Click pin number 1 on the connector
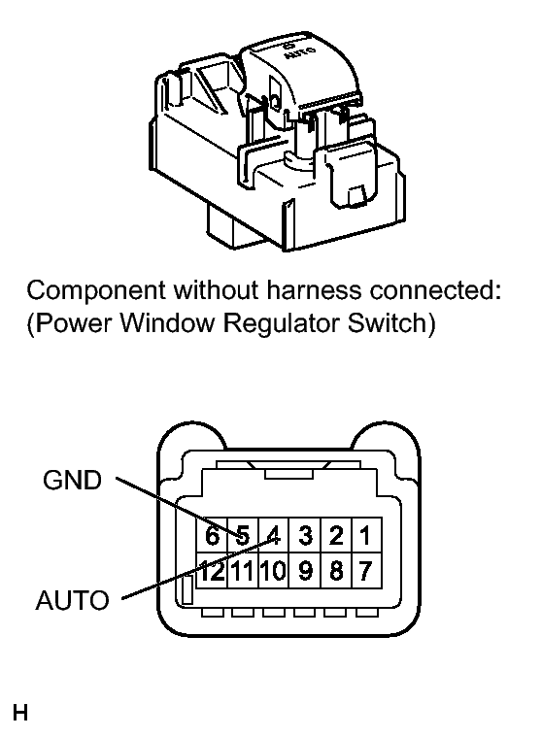pyautogui.click(x=365, y=535)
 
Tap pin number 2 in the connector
pyautogui.click(x=336, y=535)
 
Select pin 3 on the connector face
pyautogui.click(x=305, y=535)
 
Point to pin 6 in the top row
pyautogui.click(x=212, y=535)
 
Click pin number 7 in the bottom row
pyautogui.click(x=365, y=571)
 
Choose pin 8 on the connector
pyautogui.click(x=336, y=571)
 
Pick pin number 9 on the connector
pyautogui.click(x=305, y=571)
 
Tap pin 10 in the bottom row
pyautogui.click(x=273, y=571)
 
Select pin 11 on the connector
pyautogui.click(x=242, y=571)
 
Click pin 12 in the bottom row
pyautogui.click(x=212, y=571)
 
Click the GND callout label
pyautogui.click(x=73, y=480)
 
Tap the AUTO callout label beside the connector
pyautogui.click(x=73, y=600)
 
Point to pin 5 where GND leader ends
pyautogui.click(x=242, y=535)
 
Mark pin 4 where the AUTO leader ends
pyautogui.click(x=273, y=535)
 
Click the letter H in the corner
pyautogui.click(x=20, y=713)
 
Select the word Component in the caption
pyautogui.click(x=96, y=291)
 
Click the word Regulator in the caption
pyautogui.click(x=282, y=324)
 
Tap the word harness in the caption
pyautogui.click(x=315, y=290)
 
